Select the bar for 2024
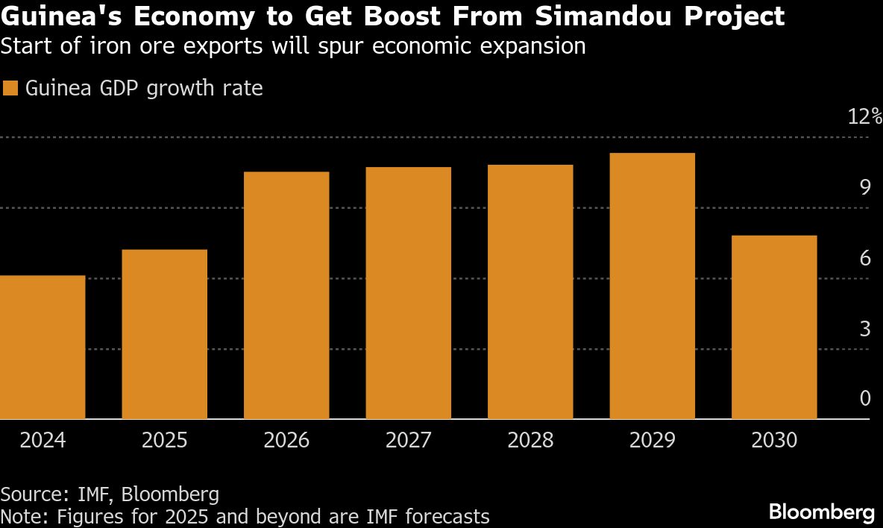pyautogui.click(x=43, y=348)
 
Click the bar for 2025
pyautogui.click(x=164, y=334)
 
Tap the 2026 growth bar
pyautogui.click(x=286, y=295)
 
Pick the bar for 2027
pyautogui.click(x=409, y=293)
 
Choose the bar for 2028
pyautogui.click(x=530, y=292)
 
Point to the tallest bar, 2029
pyautogui.click(x=653, y=286)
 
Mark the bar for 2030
pyautogui.click(x=774, y=327)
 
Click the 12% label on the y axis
pyautogui.click(x=865, y=117)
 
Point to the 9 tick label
pyautogui.click(x=865, y=187)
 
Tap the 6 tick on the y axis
pyautogui.click(x=865, y=258)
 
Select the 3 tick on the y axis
pyautogui.click(x=865, y=328)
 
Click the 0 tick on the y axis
pyautogui.click(x=865, y=398)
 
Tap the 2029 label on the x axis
pyautogui.click(x=653, y=441)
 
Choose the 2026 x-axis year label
pyautogui.click(x=286, y=441)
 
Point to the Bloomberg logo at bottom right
pyautogui.click(x=821, y=512)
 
